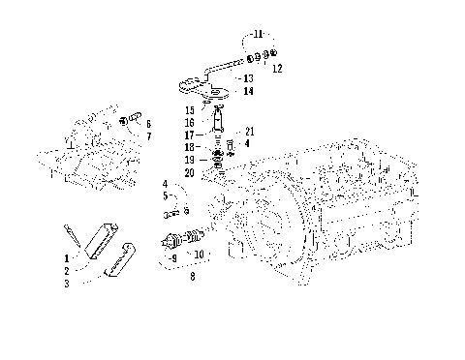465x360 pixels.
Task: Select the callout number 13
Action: [x=249, y=78]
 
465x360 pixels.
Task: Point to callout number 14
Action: [x=249, y=91]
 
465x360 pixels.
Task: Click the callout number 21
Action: [x=249, y=132]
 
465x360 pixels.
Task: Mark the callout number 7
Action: [x=148, y=136]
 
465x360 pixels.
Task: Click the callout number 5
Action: [x=165, y=195]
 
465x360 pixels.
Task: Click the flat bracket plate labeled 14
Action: [x=213, y=94]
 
